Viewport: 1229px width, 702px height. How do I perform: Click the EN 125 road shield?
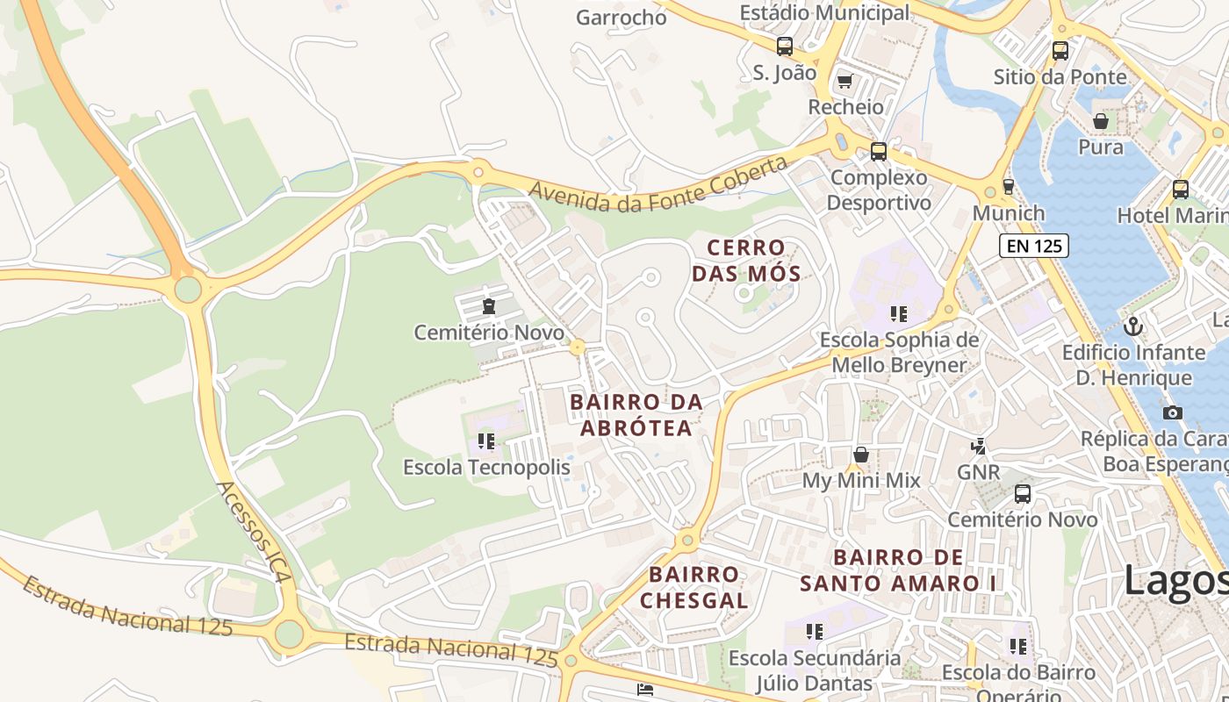(1034, 246)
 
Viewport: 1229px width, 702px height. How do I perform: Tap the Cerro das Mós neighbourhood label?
(746, 261)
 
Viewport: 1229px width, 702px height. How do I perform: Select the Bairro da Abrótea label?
(636, 415)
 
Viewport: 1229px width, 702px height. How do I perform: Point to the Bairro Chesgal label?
(694, 587)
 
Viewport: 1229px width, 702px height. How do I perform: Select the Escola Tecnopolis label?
(486, 468)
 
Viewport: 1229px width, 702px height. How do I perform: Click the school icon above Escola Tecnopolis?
(486, 441)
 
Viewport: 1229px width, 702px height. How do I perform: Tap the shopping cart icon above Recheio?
(844, 81)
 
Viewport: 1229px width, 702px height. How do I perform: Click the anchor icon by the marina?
(1133, 326)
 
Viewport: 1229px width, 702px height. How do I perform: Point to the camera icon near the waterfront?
(1172, 412)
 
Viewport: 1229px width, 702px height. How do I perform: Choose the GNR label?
(978, 472)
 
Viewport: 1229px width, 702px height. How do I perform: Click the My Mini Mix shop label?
(861, 481)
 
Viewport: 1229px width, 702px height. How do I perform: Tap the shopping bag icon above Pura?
(1101, 121)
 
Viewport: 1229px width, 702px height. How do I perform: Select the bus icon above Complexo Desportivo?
(879, 151)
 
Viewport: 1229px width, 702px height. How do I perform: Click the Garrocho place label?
(622, 18)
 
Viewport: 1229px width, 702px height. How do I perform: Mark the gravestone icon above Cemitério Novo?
(488, 306)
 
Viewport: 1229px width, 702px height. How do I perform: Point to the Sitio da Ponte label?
(1060, 77)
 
